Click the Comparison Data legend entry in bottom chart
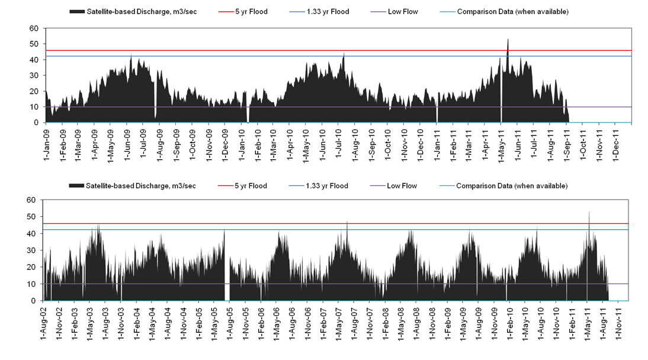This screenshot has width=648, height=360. [x=511, y=186]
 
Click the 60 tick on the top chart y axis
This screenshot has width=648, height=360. [x=34, y=28]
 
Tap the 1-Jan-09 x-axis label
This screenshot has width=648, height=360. [x=47, y=142]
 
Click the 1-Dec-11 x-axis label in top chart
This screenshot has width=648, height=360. [x=616, y=142]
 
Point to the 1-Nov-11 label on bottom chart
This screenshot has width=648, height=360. [x=618, y=320]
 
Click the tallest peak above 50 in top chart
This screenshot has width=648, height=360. [x=508, y=40]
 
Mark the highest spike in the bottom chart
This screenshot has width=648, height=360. [x=589, y=212]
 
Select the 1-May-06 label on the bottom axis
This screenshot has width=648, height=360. [x=277, y=320]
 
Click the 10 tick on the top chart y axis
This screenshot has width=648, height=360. [x=34, y=107]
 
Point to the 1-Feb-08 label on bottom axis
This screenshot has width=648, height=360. [x=386, y=320]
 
